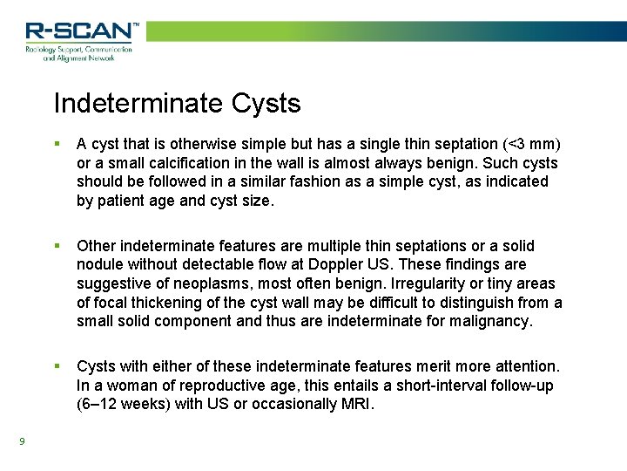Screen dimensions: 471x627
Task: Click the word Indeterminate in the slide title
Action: click(x=138, y=104)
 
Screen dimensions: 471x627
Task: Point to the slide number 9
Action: click(x=22, y=440)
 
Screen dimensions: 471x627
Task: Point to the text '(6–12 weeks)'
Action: click(x=121, y=404)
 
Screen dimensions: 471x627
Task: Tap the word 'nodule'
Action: click(x=100, y=265)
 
